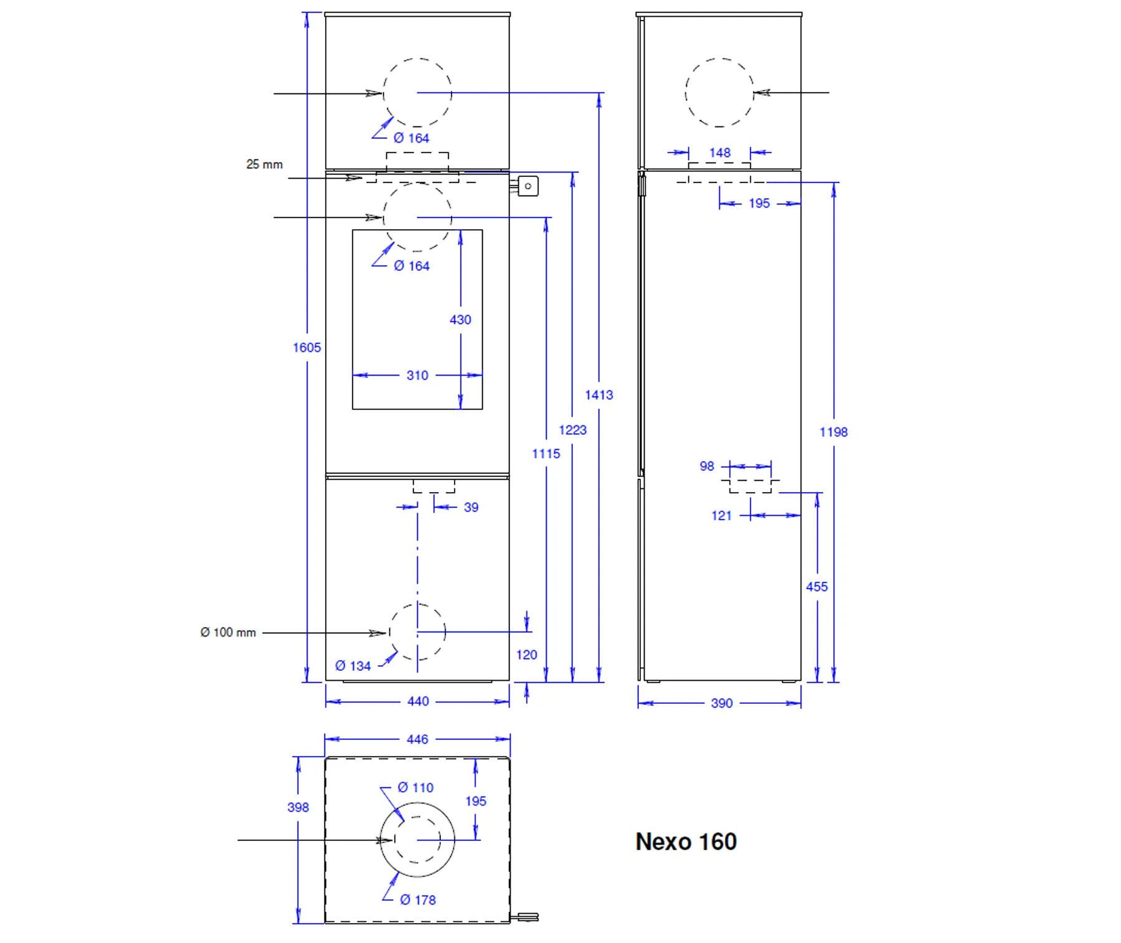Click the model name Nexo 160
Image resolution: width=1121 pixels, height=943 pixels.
click(686, 841)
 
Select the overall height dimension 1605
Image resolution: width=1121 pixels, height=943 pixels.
click(307, 348)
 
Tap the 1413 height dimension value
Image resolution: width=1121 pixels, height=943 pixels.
click(598, 395)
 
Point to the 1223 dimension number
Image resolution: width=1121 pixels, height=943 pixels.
click(572, 430)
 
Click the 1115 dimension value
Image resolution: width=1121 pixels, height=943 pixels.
click(546, 453)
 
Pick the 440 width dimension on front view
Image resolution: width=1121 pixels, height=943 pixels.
click(418, 701)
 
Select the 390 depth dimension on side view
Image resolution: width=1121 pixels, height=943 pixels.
click(722, 703)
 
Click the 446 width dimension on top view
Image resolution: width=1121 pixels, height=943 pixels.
click(417, 739)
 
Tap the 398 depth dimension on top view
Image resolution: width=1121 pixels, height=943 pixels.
click(298, 807)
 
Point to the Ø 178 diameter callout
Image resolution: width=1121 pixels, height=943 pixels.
click(418, 900)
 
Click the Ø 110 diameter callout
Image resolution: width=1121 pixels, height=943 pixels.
click(415, 788)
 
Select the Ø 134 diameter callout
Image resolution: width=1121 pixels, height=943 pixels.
click(353, 666)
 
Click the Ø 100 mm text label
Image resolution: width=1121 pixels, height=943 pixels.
click(228, 632)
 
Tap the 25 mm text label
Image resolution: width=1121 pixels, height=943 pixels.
click(264, 164)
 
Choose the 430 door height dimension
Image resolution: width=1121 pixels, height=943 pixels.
click(460, 320)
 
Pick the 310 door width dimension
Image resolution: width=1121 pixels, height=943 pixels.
click(417, 376)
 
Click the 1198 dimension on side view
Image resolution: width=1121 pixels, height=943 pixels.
click(833, 432)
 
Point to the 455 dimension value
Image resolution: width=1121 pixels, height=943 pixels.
click(816, 587)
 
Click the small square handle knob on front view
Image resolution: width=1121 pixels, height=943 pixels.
click(527, 186)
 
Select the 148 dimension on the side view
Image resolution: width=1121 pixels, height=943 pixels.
click(719, 153)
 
